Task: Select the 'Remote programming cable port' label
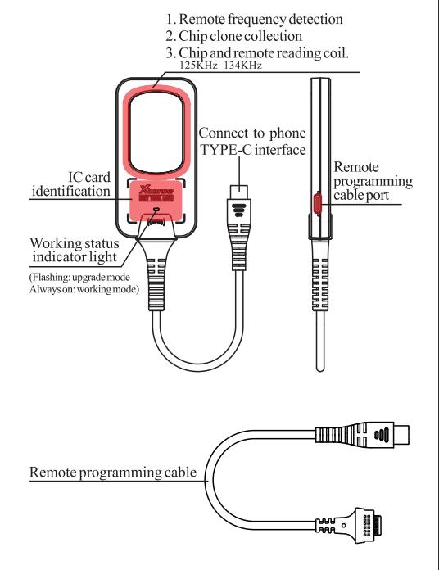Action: coord(373,180)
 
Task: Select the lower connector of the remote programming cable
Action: coord(366,523)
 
